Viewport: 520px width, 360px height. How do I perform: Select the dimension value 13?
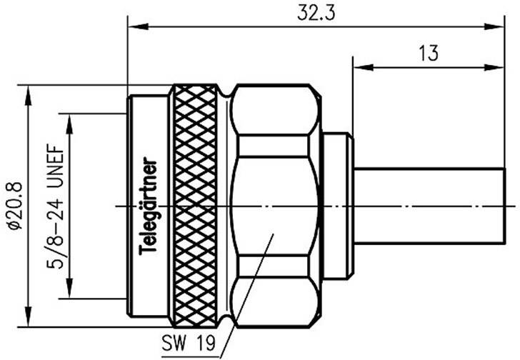tap(429, 54)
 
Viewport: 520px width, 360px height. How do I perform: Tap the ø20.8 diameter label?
tap(13, 204)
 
